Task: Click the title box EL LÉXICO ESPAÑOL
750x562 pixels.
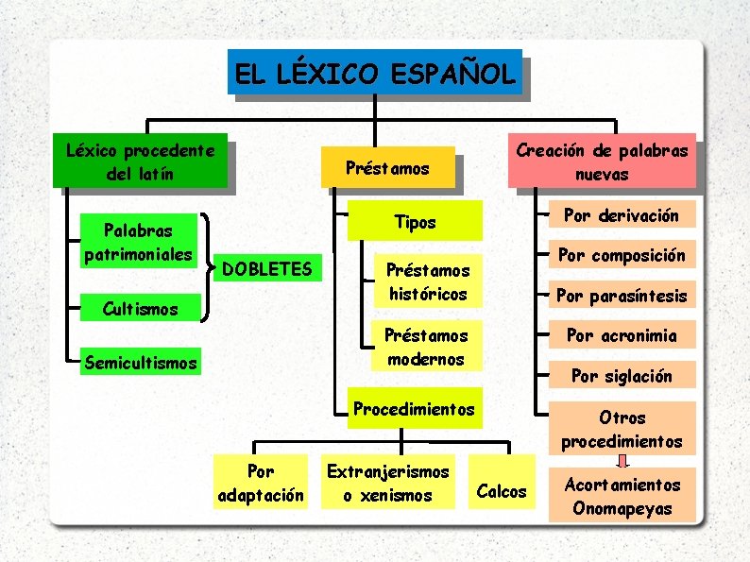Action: point(375,72)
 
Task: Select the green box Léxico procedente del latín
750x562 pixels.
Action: point(140,162)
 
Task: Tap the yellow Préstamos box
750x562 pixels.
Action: point(387,169)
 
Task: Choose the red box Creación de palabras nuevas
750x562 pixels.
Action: point(603,162)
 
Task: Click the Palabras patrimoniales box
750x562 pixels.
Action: point(138,243)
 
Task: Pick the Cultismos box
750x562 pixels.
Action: point(140,308)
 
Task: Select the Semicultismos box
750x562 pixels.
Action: point(141,362)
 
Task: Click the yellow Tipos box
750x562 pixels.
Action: point(416,222)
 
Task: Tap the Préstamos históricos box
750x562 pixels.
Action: point(425,281)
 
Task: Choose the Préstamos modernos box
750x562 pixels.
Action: point(425,347)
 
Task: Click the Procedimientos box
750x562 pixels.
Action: point(413,408)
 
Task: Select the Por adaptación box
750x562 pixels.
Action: point(261,483)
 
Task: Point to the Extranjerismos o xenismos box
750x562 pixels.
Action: point(387,483)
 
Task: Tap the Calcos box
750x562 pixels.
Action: point(502,490)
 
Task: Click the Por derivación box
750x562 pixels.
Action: point(622,215)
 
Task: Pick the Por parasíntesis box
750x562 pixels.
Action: point(622,296)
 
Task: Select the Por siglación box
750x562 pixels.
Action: point(622,375)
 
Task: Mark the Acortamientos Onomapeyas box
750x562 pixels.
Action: point(622,496)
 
